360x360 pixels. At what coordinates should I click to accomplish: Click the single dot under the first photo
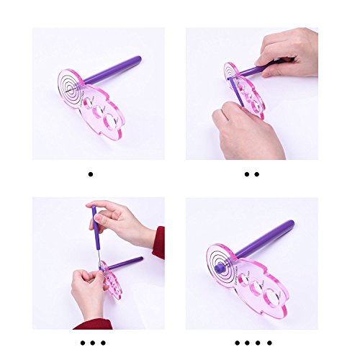pyautogui.click(x=90, y=174)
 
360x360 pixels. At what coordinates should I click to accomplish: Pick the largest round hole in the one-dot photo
pyautogui.click(x=111, y=119)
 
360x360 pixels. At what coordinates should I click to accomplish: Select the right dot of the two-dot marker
pyautogui.click(x=256, y=174)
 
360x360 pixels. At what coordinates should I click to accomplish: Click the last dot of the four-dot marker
pyautogui.click(x=270, y=342)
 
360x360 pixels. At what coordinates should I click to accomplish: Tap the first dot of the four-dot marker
pyautogui.click(x=235, y=342)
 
